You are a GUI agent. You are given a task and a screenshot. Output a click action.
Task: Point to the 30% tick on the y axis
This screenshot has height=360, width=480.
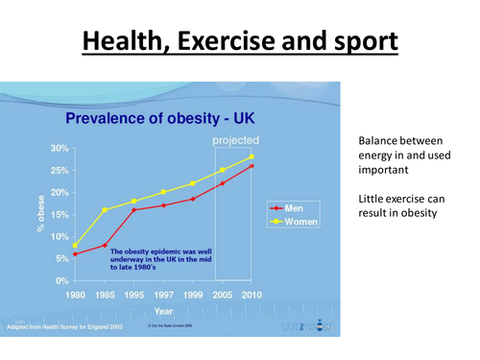click(x=59, y=149)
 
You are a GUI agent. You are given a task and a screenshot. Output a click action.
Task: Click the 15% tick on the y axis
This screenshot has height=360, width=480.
click(x=59, y=214)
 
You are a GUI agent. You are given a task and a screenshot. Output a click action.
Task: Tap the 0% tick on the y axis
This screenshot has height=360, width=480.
click(x=61, y=280)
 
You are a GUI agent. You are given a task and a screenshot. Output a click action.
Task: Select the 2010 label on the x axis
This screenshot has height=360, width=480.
click(x=252, y=295)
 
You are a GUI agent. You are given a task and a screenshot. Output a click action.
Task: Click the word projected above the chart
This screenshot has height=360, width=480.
click(x=234, y=141)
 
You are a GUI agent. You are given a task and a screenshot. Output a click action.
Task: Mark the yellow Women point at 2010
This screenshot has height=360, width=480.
click(x=252, y=156)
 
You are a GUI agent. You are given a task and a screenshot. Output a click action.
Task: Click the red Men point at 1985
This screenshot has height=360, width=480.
click(x=105, y=245)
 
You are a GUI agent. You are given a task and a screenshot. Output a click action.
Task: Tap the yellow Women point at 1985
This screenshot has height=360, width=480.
click(x=105, y=209)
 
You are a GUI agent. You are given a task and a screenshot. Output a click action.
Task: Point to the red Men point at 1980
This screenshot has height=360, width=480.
click(x=75, y=254)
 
